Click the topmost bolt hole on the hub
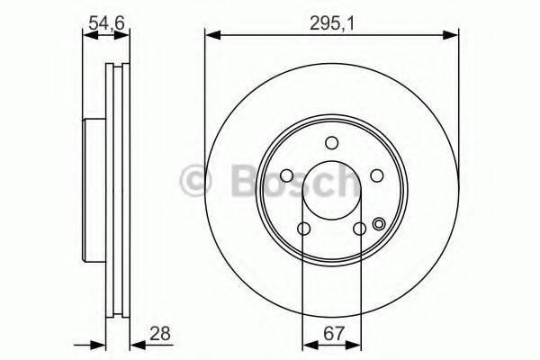coord(332,143)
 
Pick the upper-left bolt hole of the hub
coord(286,176)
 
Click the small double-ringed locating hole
coord(379,225)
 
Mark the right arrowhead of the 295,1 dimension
coord(453,36)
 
